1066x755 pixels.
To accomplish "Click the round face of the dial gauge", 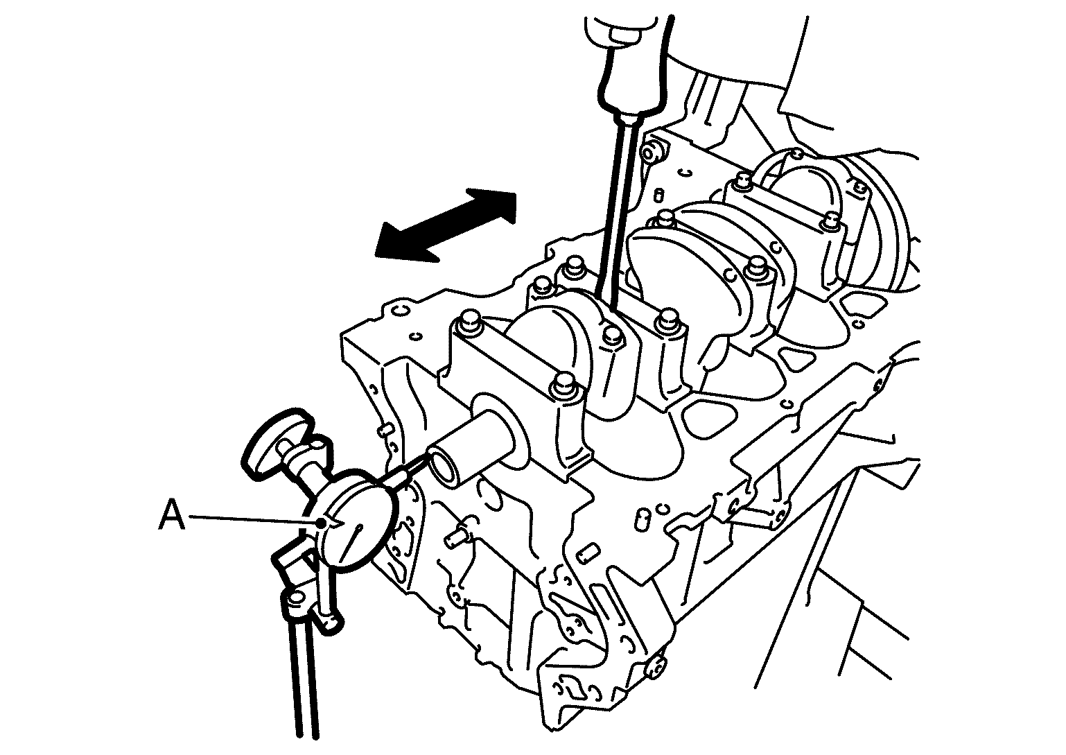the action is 356,520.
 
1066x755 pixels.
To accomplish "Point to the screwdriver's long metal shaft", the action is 616,209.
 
